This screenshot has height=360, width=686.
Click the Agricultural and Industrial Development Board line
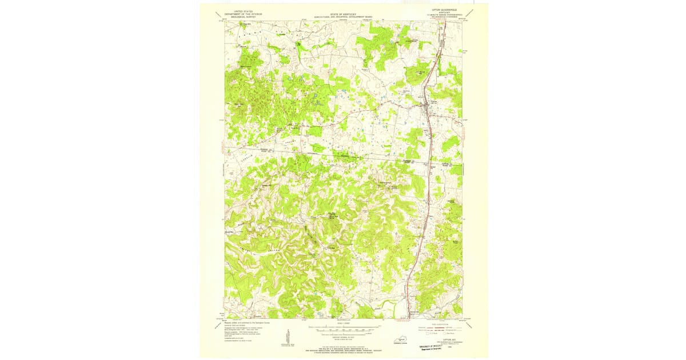[x=339, y=17]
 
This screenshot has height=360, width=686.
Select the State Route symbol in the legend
[x=448, y=333]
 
